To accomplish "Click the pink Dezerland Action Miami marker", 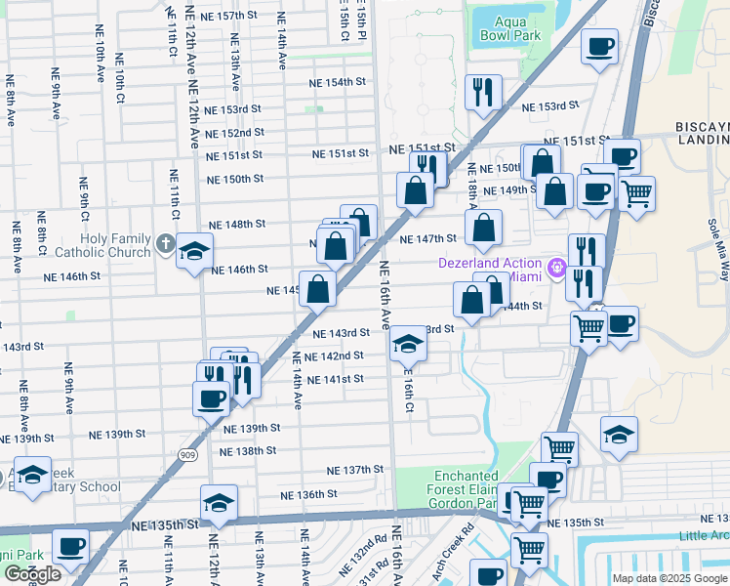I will click(x=557, y=265).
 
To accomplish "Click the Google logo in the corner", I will click(x=32, y=574).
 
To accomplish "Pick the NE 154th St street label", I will click(x=338, y=83).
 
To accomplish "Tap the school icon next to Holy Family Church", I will click(x=194, y=252).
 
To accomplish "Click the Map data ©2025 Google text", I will click(x=669, y=578).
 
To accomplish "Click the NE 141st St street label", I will click(x=335, y=379).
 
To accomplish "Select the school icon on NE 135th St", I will click(x=219, y=502).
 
